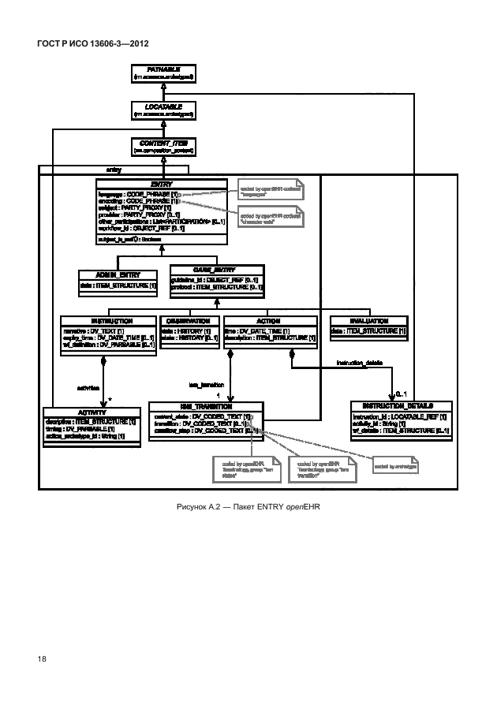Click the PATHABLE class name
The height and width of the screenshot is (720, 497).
point(163,69)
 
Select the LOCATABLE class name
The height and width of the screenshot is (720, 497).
point(163,106)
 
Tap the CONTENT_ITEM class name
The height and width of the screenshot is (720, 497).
point(163,143)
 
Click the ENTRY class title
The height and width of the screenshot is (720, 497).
point(162,184)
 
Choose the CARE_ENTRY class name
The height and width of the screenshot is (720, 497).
point(215,269)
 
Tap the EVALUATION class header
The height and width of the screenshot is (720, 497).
point(368,321)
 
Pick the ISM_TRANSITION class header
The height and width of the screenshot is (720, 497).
point(205,406)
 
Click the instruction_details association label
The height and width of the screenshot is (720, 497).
point(359,362)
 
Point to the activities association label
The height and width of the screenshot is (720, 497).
point(88,387)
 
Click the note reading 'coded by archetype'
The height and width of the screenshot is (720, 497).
point(394,467)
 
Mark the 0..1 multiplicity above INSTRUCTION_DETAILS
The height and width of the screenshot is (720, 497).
point(400,393)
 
